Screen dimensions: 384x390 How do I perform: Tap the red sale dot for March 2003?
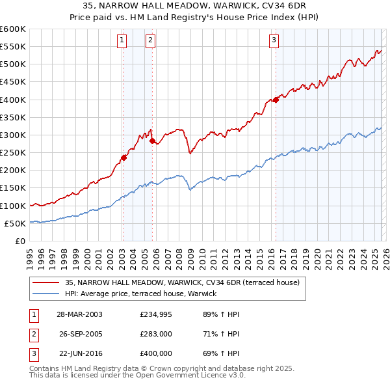pos(123,157)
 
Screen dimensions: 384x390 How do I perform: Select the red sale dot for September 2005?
pos(153,140)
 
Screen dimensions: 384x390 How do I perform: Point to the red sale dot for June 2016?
pos(276,100)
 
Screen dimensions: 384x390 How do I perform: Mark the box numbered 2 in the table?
pos(32,334)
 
